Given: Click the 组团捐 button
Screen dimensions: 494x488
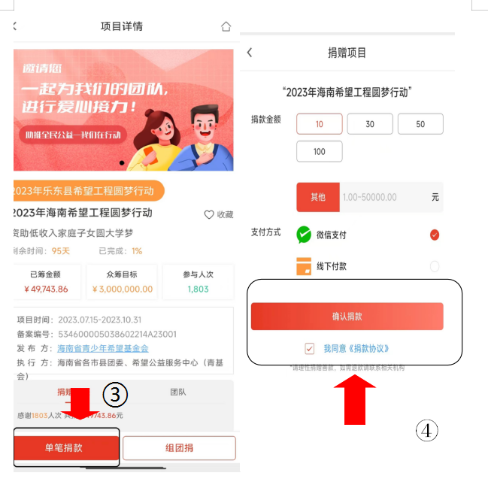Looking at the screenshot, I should (179, 448).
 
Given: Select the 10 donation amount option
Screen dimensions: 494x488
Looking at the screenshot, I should (320, 124).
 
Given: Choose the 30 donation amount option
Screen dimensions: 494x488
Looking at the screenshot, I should (370, 124).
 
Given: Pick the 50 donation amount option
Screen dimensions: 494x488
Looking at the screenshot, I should (420, 124).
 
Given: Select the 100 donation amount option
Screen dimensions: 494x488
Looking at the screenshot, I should (320, 151).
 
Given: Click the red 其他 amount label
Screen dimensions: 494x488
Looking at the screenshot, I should (318, 197).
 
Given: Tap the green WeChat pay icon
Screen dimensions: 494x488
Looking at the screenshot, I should (304, 235).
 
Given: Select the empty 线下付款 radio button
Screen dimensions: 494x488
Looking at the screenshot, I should (435, 266).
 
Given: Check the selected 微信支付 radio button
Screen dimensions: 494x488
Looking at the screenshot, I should (435, 235).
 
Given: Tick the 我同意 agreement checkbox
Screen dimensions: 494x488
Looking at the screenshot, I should (310, 349).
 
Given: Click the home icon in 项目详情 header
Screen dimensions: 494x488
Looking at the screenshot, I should (226, 27).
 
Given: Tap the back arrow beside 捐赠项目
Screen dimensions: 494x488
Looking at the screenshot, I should (250, 53).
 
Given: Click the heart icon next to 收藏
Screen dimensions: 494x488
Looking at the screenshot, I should (209, 214).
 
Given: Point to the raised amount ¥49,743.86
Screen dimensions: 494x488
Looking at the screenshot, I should (46, 289).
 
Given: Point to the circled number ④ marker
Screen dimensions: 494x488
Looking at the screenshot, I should (427, 430).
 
